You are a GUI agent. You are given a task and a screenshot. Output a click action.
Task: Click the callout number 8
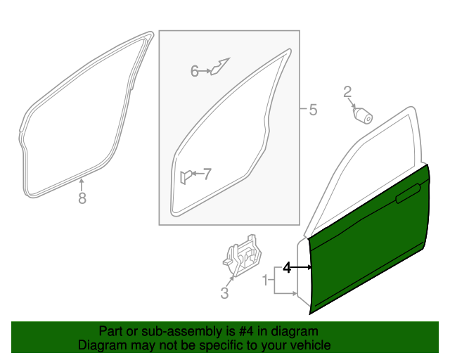pos(82,199)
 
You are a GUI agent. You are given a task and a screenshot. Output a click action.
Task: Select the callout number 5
pos(313,110)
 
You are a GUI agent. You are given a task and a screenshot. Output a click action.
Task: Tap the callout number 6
pos(194,70)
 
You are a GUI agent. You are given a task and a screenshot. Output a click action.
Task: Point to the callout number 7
pos(207,174)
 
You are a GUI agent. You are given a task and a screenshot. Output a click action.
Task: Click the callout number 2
pos(347,91)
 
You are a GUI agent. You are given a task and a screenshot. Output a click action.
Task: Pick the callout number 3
pos(224,294)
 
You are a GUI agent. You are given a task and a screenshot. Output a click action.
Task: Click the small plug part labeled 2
pos(364,115)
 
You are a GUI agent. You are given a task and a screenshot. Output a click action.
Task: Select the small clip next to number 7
pos(186,176)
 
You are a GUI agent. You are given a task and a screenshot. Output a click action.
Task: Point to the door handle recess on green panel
pos(409,195)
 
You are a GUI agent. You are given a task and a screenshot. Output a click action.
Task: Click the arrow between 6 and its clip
pos(205,70)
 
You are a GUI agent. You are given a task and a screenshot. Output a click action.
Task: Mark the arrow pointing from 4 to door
pos(301,267)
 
